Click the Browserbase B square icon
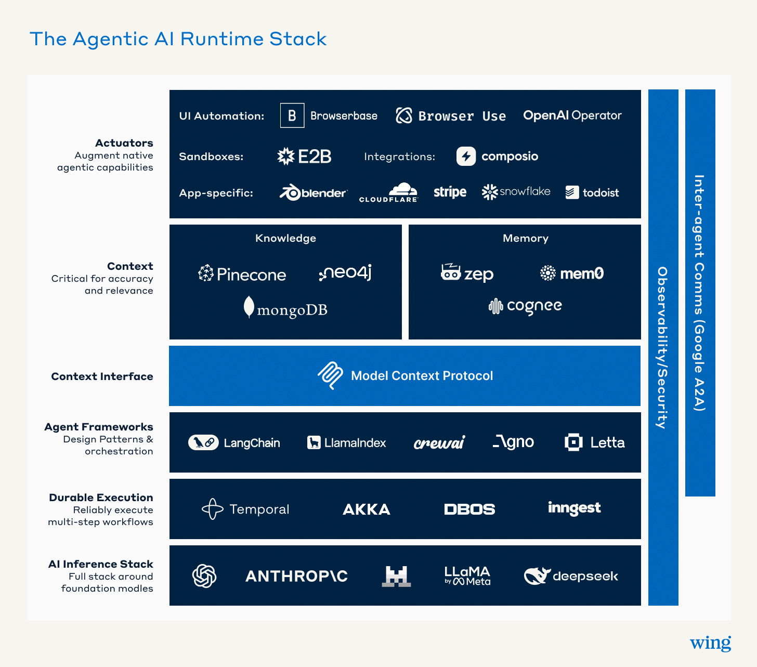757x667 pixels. coord(292,115)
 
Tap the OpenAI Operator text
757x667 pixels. coord(572,115)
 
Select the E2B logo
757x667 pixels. coord(304,156)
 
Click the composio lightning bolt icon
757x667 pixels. coord(466,156)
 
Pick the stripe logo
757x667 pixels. coord(450,192)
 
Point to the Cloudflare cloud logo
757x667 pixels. coord(388,192)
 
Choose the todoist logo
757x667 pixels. coord(592,192)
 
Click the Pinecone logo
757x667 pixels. coord(242,274)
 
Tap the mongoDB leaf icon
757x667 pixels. coord(249,307)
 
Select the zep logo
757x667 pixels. coord(467,273)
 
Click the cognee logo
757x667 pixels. coord(525,306)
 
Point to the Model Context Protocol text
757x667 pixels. coord(422,375)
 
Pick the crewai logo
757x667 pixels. coord(439,442)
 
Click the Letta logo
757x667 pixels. coord(594,442)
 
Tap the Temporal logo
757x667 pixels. coord(245,509)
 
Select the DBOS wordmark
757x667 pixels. coord(469,509)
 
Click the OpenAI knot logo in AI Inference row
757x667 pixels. coord(204,576)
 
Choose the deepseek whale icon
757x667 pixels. coord(537,576)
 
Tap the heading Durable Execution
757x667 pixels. coord(101,498)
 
